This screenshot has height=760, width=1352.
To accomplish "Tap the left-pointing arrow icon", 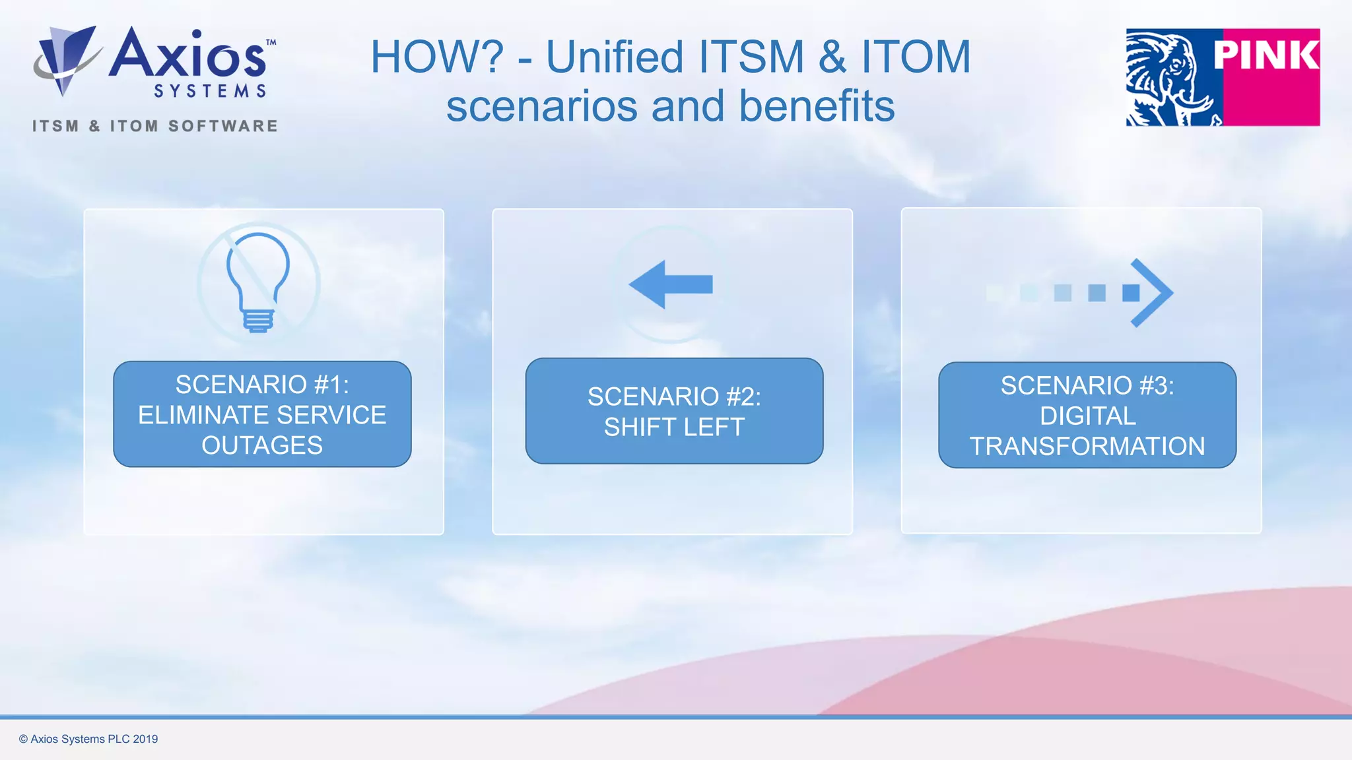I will pyautogui.click(x=671, y=284).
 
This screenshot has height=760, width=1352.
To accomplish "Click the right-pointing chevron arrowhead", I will pyautogui.click(x=1152, y=292).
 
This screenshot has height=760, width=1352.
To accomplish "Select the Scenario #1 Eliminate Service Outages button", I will pyautogui.click(x=262, y=414).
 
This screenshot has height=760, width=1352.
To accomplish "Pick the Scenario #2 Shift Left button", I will pyautogui.click(x=674, y=411).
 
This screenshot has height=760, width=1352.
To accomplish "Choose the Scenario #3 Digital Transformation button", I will pyautogui.click(x=1087, y=415).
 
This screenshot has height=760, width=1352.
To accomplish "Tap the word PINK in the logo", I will pyautogui.click(x=1266, y=55).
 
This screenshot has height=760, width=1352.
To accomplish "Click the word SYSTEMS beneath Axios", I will pyautogui.click(x=210, y=91).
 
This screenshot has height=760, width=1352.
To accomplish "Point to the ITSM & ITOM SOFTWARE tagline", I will pyautogui.click(x=155, y=126).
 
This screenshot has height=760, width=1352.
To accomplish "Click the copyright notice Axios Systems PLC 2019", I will pyautogui.click(x=88, y=739).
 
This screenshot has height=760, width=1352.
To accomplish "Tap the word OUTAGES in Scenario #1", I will pyautogui.click(x=262, y=445).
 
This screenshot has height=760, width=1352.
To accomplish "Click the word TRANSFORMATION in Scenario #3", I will pyautogui.click(x=1087, y=447).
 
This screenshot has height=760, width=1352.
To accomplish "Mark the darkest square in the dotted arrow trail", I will pyautogui.click(x=1131, y=293).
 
